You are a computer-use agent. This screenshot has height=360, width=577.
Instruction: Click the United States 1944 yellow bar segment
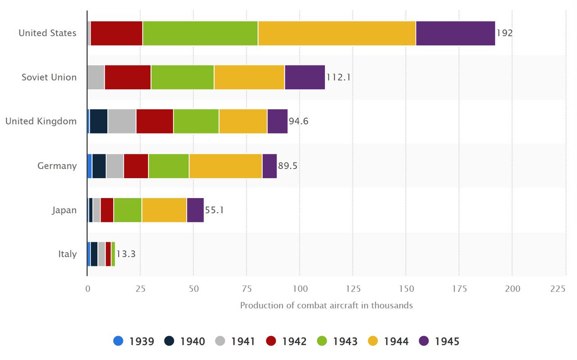337,33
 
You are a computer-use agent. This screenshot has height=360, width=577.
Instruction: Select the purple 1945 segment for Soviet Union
305,77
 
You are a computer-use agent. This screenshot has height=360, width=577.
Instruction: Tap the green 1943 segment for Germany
169,166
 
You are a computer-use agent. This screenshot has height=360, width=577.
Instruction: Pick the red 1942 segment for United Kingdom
155,121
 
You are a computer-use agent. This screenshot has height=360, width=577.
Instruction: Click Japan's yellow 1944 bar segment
164,210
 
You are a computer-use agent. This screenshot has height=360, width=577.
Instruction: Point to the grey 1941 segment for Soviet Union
96,77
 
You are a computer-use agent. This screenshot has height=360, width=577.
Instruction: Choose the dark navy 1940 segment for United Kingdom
99,121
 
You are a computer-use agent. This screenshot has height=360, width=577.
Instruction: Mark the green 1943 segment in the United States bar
200,33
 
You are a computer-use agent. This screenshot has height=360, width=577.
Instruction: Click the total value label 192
504,33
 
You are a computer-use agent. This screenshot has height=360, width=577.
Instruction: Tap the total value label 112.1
338,77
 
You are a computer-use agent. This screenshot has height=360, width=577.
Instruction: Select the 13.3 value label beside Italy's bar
126,254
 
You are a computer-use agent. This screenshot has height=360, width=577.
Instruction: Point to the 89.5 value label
288,166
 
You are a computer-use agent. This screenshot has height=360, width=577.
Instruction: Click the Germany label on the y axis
57,166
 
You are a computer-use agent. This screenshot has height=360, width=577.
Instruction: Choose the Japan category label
64,210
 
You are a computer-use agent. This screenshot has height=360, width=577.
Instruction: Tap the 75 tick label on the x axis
247,289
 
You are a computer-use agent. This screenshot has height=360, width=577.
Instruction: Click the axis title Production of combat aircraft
326,305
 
